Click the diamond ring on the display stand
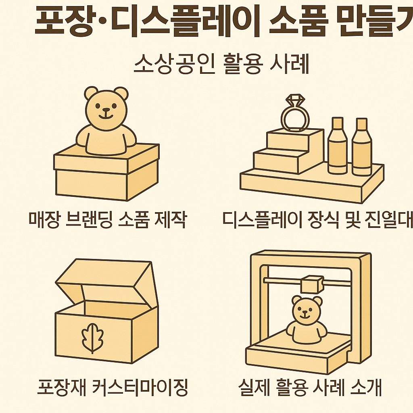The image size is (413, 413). (295, 115)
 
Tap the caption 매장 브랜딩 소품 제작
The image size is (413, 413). (108, 219)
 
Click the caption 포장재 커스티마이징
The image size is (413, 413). (113, 387)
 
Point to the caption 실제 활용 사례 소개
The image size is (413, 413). (310, 387)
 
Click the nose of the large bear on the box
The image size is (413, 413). (106, 109)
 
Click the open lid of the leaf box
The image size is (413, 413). (105, 280)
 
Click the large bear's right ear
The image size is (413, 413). (121, 94)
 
